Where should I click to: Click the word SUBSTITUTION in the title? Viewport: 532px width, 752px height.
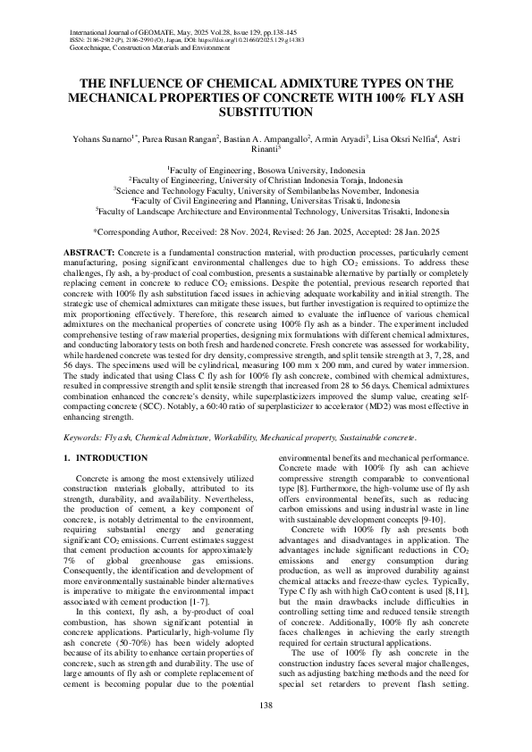(266, 113)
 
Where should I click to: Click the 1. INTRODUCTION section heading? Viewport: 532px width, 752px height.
(104, 458)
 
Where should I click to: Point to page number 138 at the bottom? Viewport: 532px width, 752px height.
(266, 706)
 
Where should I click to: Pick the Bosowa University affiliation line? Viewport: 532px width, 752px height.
(266, 168)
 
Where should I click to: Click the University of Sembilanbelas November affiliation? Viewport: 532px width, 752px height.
(266, 189)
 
